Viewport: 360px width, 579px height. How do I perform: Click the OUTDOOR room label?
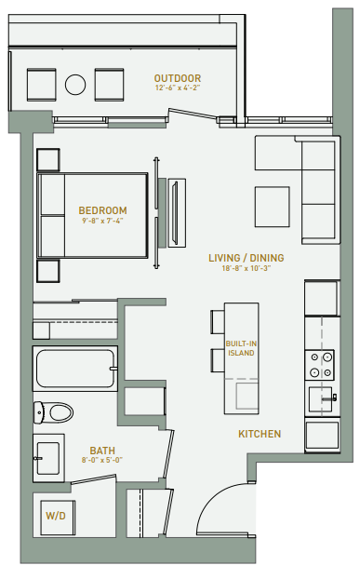tap(177, 78)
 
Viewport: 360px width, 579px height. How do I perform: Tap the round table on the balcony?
tap(75, 86)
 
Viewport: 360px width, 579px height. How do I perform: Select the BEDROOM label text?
tap(102, 211)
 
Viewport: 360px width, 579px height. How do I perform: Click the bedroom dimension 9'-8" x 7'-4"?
tap(102, 222)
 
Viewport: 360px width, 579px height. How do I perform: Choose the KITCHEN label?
tap(260, 434)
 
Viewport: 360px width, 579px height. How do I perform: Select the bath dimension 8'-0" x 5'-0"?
tap(102, 459)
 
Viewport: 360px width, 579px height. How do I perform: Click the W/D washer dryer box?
tap(54, 514)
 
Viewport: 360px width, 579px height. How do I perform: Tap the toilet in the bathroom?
tap(55, 411)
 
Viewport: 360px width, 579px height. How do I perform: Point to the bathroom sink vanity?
tap(47, 457)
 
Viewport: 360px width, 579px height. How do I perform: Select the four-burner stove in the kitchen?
tap(321, 364)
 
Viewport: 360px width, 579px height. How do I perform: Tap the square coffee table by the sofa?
tap(273, 204)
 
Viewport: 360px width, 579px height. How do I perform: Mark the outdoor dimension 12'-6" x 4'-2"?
tap(177, 88)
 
